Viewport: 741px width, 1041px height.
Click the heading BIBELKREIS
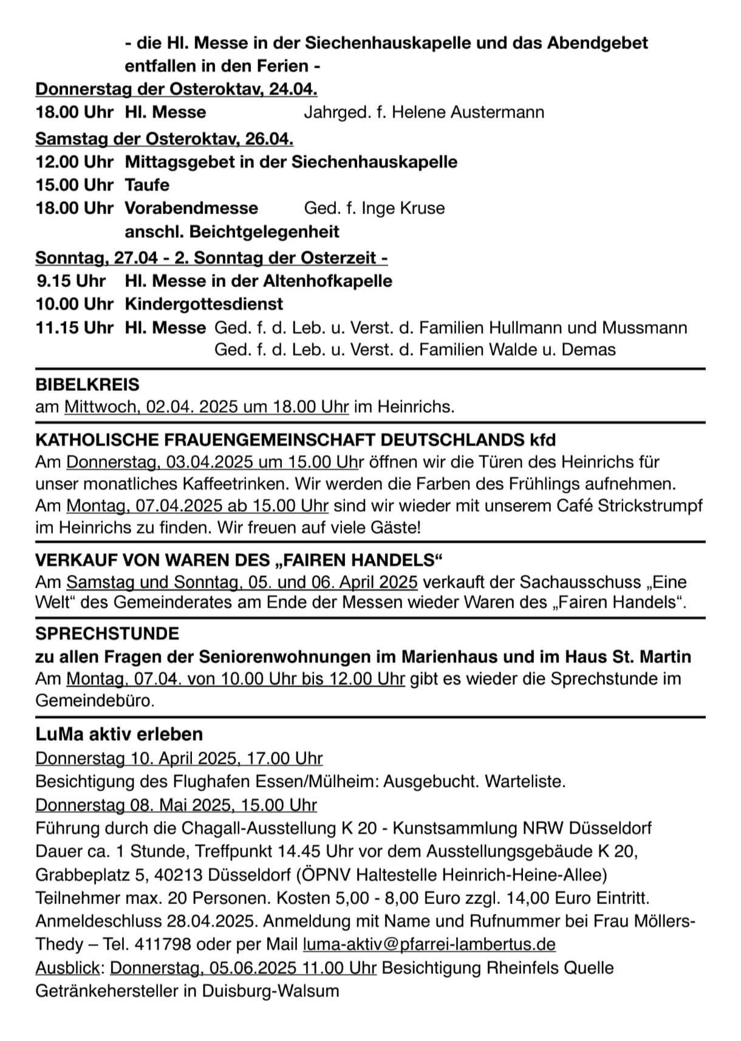[x=87, y=384]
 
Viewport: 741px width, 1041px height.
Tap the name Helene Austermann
[x=468, y=112]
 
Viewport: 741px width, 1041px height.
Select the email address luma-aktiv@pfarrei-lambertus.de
[x=429, y=944]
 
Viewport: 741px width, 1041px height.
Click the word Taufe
[x=147, y=185]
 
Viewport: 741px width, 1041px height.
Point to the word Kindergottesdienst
[x=204, y=304]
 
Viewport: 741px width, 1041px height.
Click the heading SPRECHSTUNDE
[x=108, y=633]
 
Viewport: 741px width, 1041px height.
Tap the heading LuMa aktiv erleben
[x=119, y=734]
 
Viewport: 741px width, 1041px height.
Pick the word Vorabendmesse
[x=191, y=208]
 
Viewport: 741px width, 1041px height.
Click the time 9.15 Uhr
[x=71, y=281]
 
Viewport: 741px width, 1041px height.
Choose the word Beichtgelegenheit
[x=264, y=231]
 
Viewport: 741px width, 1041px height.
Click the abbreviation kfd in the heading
[x=542, y=439]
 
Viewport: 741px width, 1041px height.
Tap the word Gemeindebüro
[x=94, y=700]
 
